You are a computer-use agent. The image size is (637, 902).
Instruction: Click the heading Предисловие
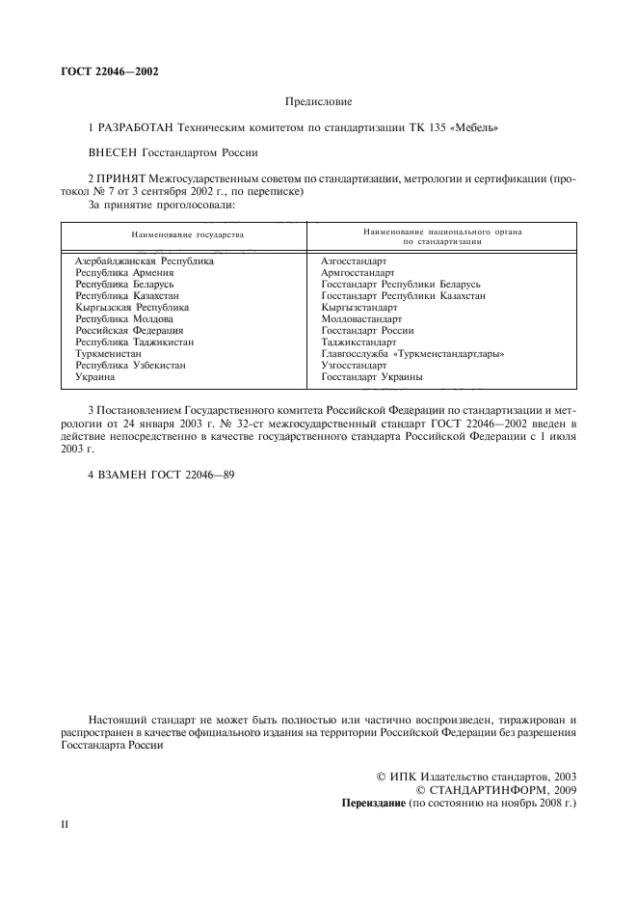pyautogui.click(x=318, y=100)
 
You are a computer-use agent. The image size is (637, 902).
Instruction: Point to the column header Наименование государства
pyautogui.click(x=180, y=235)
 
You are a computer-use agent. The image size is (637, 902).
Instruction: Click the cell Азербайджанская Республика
pyautogui.click(x=144, y=261)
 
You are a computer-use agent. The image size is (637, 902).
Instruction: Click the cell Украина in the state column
pyautogui.click(x=94, y=377)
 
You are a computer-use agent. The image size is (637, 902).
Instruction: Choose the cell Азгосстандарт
pyautogui.click(x=354, y=261)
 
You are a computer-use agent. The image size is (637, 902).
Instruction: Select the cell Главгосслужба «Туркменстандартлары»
pyautogui.click(x=413, y=354)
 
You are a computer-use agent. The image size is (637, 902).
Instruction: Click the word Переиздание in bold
pyautogui.click(x=374, y=803)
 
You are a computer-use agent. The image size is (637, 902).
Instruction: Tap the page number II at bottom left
pyautogui.click(x=65, y=828)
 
